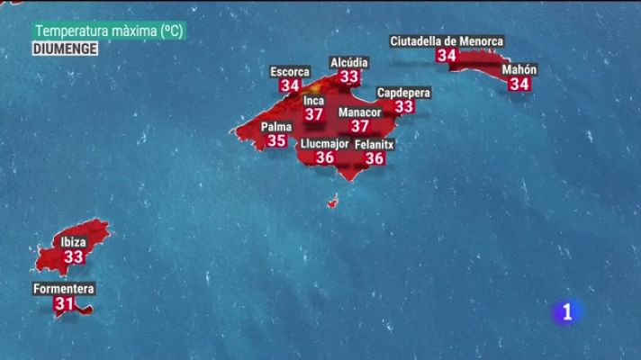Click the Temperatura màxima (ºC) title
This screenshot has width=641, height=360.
click(x=109, y=31)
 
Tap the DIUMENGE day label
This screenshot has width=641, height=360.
click(x=65, y=49)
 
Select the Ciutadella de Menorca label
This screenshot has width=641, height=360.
click(x=447, y=40)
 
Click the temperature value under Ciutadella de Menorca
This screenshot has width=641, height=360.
click(x=446, y=56)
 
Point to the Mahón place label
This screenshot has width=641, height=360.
click(x=519, y=69)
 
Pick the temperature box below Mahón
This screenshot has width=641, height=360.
click(x=519, y=84)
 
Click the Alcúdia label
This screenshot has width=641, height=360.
click(x=349, y=62)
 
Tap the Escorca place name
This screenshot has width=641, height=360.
click(x=290, y=72)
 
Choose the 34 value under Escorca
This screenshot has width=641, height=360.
click(x=290, y=86)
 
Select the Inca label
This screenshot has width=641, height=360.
click(x=313, y=101)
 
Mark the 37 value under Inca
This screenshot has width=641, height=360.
click(x=313, y=114)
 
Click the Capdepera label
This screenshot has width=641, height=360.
click(x=403, y=93)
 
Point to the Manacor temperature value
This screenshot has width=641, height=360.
click(x=359, y=127)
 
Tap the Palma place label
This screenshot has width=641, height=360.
click(x=276, y=127)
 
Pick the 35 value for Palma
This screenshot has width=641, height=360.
click(x=276, y=141)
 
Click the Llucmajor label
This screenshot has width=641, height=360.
click(x=324, y=143)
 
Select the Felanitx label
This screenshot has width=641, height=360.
click(x=375, y=144)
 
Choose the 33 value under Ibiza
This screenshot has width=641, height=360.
click(x=73, y=257)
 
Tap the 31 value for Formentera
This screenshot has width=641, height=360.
click(x=63, y=304)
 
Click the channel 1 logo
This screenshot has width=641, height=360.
click(x=566, y=311)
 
